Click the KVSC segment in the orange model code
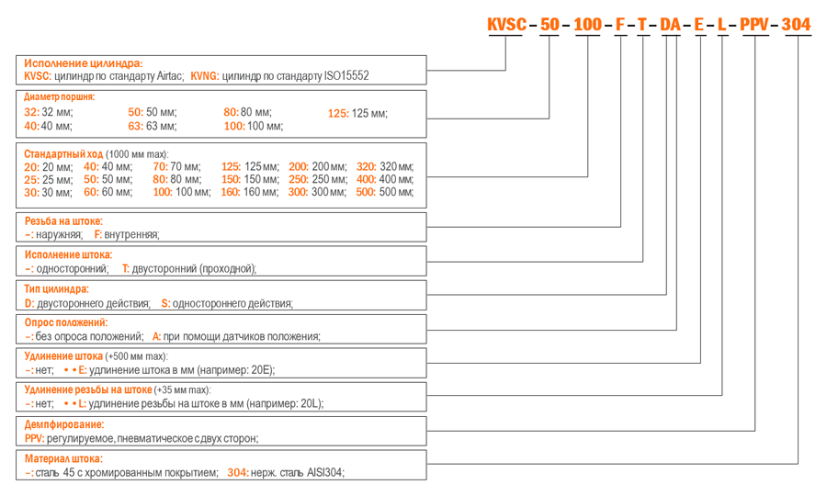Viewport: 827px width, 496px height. [506, 24]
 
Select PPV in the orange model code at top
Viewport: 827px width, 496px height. [754, 24]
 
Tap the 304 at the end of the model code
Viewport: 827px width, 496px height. [796, 24]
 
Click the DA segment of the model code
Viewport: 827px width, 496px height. [671, 24]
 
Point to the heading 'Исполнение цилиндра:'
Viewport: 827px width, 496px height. [84, 63]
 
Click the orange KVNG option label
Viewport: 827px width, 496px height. [205, 76]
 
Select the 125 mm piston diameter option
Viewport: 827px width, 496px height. [357, 113]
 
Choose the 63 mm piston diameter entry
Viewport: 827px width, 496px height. [153, 126]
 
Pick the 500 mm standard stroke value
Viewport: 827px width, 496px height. [384, 192]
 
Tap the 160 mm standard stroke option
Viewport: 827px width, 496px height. [249, 192]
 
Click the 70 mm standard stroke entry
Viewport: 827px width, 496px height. [176, 167]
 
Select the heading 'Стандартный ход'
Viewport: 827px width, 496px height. [63, 154]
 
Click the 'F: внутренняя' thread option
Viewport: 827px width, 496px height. [127, 234]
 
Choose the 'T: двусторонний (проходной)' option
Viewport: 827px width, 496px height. [189, 269]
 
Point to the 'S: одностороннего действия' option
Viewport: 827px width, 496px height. [227, 304]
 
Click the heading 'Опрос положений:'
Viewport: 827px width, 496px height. [66, 322]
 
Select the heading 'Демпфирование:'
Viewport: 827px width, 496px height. [64, 424]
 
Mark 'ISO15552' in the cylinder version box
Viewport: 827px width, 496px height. [346, 76]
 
